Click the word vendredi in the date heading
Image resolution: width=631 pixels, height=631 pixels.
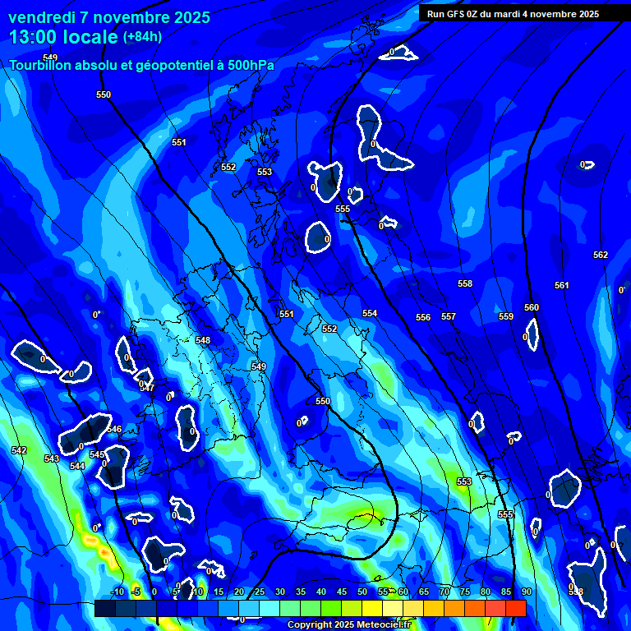tap(38, 17)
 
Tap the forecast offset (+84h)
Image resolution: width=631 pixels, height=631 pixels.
tap(142, 36)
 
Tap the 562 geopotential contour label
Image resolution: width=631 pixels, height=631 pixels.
tap(601, 255)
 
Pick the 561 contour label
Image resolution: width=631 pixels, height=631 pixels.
tap(561, 285)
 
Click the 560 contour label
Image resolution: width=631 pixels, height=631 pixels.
tap(532, 307)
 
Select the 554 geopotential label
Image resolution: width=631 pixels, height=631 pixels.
tap(370, 313)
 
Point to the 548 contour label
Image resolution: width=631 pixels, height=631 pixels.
tap(203, 340)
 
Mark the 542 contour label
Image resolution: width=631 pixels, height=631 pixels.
tap(19, 450)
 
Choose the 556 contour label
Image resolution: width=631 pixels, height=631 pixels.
tap(423, 317)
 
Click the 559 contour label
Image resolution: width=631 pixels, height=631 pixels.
tap(506, 316)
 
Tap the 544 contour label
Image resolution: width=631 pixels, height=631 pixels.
tap(77, 466)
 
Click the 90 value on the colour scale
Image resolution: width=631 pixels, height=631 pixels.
tap(526, 592)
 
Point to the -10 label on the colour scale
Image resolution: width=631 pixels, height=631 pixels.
tap(117, 592)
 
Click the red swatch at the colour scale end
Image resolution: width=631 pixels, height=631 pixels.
tap(515, 608)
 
